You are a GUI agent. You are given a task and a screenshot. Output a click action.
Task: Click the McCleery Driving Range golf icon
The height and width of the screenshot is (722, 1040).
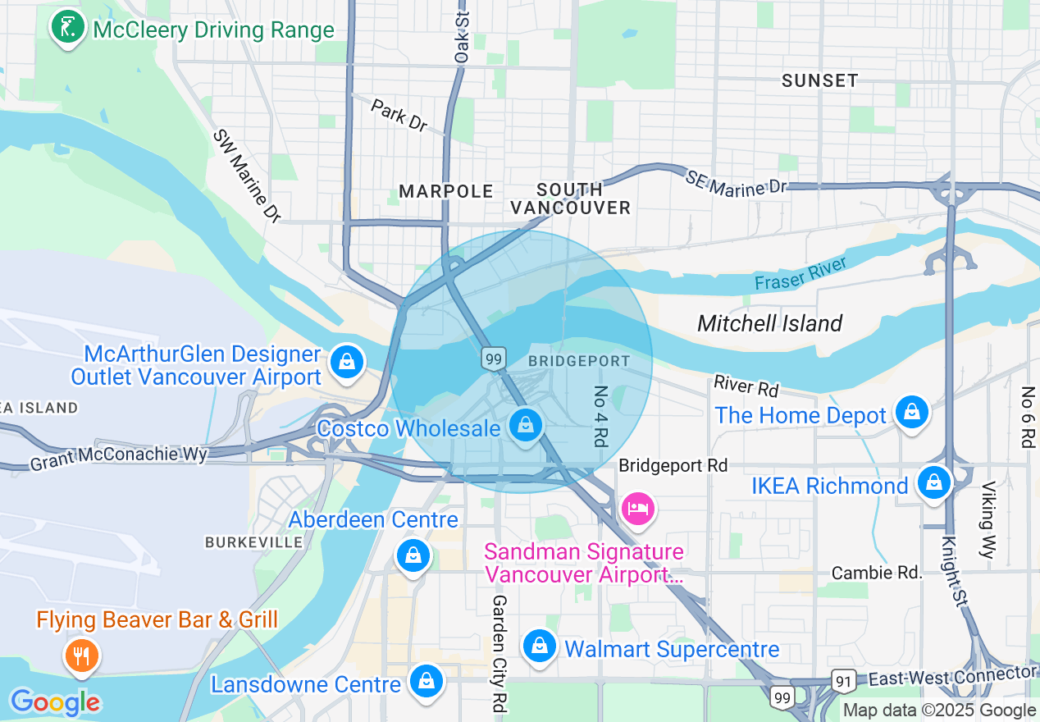point(68,29)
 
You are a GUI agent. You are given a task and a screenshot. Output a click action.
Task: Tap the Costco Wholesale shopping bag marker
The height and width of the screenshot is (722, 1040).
point(526,426)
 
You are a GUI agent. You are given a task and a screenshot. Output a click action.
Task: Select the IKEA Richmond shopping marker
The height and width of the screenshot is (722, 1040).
point(933,483)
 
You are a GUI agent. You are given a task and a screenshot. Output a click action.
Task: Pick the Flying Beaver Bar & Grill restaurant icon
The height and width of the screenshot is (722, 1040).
point(80,655)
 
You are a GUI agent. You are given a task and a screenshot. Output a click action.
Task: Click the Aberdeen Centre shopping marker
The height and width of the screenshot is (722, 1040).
point(413,556)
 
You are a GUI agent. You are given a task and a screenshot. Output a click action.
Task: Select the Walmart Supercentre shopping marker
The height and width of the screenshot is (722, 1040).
point(540,647)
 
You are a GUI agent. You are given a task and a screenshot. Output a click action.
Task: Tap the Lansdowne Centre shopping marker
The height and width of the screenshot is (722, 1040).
point(426,681)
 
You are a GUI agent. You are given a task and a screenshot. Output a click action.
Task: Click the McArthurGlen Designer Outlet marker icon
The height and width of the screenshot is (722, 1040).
point(347,362)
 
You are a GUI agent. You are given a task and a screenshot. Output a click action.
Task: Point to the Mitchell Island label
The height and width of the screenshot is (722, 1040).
point(769,323)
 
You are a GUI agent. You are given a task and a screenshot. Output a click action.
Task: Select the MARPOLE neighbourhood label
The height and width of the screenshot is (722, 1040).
point(446,191)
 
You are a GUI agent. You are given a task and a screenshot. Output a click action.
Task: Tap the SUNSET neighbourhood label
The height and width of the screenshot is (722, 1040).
point(819,80)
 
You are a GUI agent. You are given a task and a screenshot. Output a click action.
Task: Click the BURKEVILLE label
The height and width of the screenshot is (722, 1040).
point(253,542)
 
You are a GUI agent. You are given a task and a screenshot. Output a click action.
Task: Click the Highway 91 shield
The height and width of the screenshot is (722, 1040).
point(844,679)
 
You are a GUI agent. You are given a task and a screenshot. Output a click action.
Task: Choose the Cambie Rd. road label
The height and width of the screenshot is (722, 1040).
point(877,573)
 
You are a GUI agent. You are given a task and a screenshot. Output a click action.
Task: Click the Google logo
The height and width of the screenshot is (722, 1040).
point(55,702)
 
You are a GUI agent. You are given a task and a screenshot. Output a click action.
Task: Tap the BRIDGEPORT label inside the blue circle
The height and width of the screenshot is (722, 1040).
point(579,361)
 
